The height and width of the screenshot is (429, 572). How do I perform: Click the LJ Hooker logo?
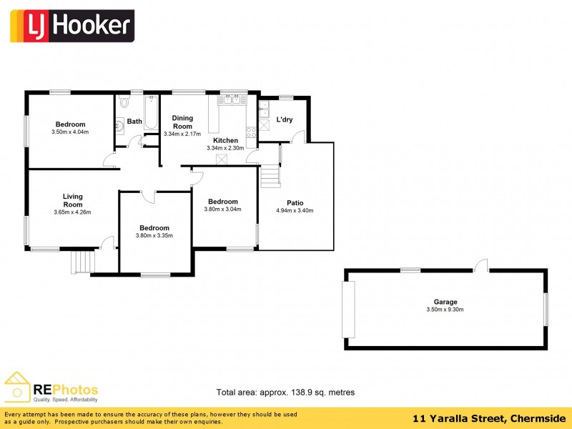point(71,26)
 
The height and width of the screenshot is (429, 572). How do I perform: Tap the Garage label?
point(445,302)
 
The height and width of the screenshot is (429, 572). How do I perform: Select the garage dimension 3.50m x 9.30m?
point(445,310)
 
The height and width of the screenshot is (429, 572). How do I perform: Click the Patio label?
point(295,202)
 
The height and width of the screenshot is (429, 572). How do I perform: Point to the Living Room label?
point(72,200)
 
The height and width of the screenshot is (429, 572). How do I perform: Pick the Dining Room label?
point(182,122)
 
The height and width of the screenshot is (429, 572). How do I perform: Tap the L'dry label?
point(285,119)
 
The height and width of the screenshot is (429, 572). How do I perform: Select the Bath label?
point(134,122)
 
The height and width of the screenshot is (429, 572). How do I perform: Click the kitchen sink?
point(232,100)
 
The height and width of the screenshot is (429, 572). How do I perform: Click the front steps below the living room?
point(82,262)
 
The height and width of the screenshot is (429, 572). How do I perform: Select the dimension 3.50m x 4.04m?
point(70,132)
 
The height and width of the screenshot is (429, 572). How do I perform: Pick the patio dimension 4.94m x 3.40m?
point(295,210)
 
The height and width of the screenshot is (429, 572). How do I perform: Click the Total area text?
point(285,393)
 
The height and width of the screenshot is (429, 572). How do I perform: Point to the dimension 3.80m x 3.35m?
point(154,236)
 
